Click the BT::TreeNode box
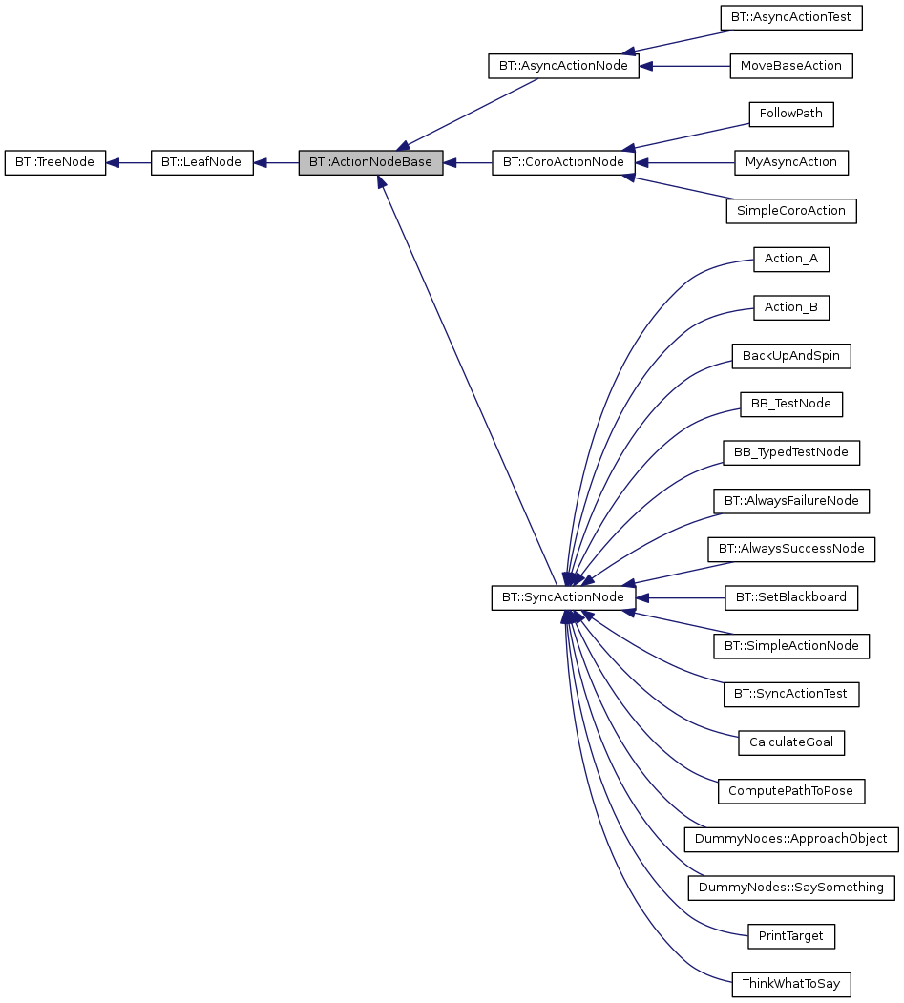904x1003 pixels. pos(54,162)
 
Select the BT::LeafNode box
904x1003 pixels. pos(201,162)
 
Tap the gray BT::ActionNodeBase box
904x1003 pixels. pos(370,162)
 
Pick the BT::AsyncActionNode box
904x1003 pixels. pos(562,66)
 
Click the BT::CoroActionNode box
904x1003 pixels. pos(562,162)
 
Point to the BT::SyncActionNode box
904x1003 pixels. pos(562,597)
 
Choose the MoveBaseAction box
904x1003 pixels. pos(790,66)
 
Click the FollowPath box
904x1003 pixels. pos(790,114)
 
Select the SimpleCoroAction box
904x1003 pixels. pos(790,211)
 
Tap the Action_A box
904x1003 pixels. pos(790,259)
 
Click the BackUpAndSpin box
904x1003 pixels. pos(790,356)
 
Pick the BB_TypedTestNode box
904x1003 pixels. pos(790,452)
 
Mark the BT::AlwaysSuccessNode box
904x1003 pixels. pos(790,549)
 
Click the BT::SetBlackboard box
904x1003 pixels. pos(790,597)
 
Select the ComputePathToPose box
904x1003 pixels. pos(790,790)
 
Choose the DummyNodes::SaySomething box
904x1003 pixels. pos(790,888)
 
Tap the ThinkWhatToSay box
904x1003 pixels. pos(790,984)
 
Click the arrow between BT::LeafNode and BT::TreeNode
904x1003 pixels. pos(128,162)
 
